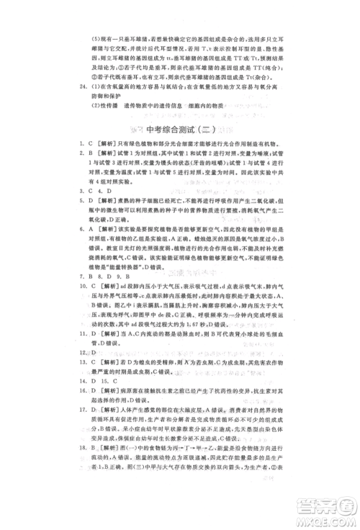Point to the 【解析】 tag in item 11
pyautogui.click(x=110, y=333)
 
